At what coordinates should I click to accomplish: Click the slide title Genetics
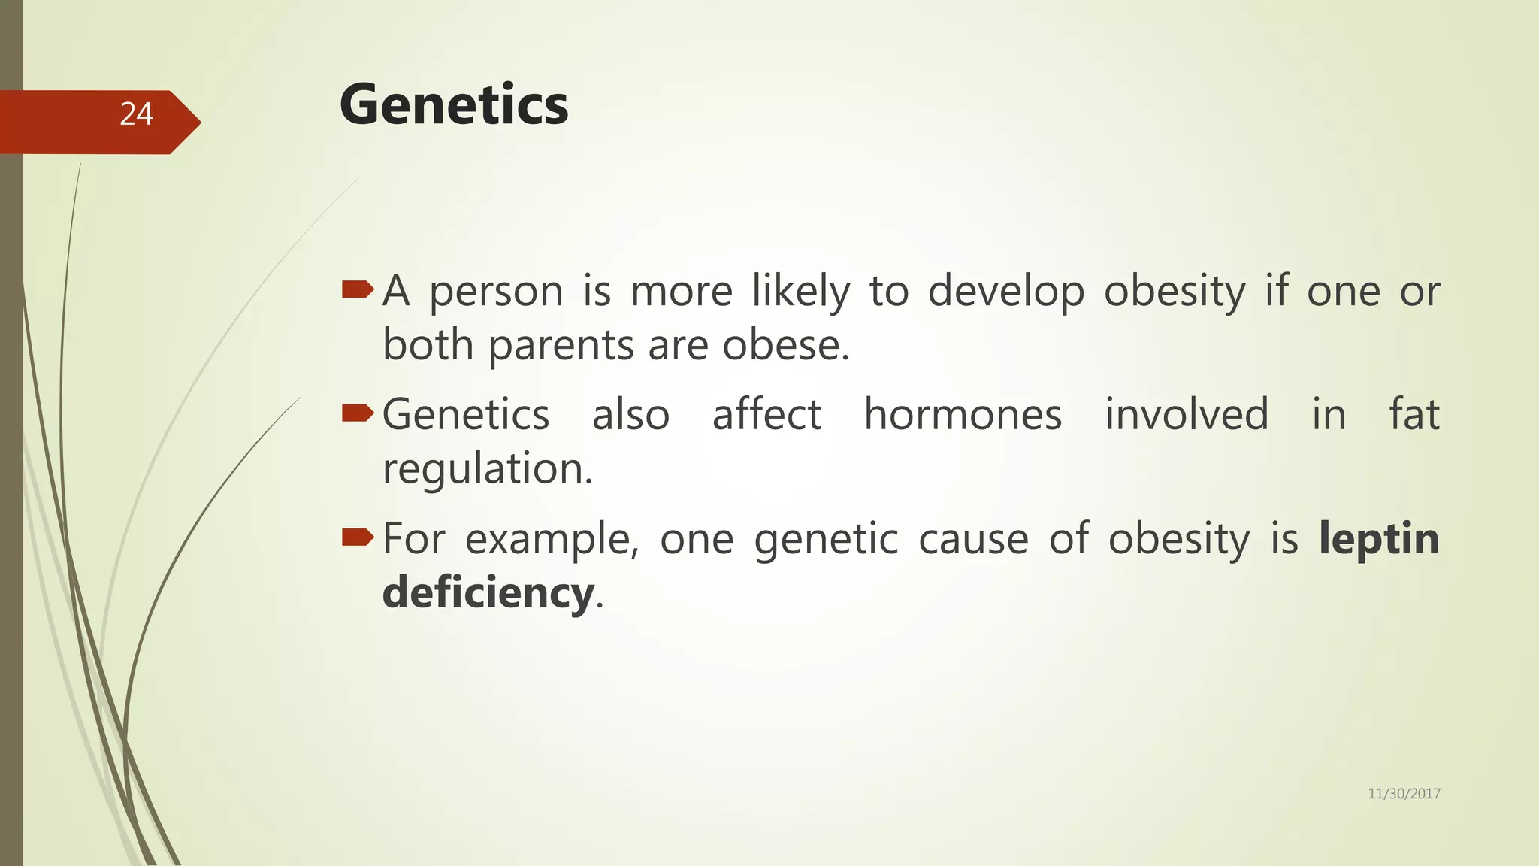pyautogui.click(x=454, y=104)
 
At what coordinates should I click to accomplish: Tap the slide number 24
pyautogui.click(x=136, y=114)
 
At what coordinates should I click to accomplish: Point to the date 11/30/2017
pyautogui.click(x=1404, y=794)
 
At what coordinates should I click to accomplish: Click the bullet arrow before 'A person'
pyautogui.click(x=357, y=289)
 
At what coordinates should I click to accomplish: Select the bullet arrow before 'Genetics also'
pyautogui.click(x=357, y=413)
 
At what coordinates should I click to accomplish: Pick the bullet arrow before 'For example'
pyautogui.click(x=357, y=537)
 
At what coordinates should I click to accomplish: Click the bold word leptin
pyautogui.click(x=1379, y=538)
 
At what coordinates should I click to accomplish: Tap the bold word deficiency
pyautogui.click(x=488, y=592)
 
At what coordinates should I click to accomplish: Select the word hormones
pyautogui.click(x=963, y=414)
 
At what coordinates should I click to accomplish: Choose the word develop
pyautogui.click(x=1006, y=292)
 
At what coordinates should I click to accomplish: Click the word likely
pyautogui.click(x=801, y=292)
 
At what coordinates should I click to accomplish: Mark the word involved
pyautogui.click(x=1187, y=414)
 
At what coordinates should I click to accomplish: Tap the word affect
pyautogui.click(x=766, y=414)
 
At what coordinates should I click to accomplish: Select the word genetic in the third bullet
pyautogui.click(x=826, y=540)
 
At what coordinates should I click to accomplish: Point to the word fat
pyautogui.click(x=1414, y=414)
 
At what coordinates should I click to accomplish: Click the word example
pyautogui.click(x=550, y=540)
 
